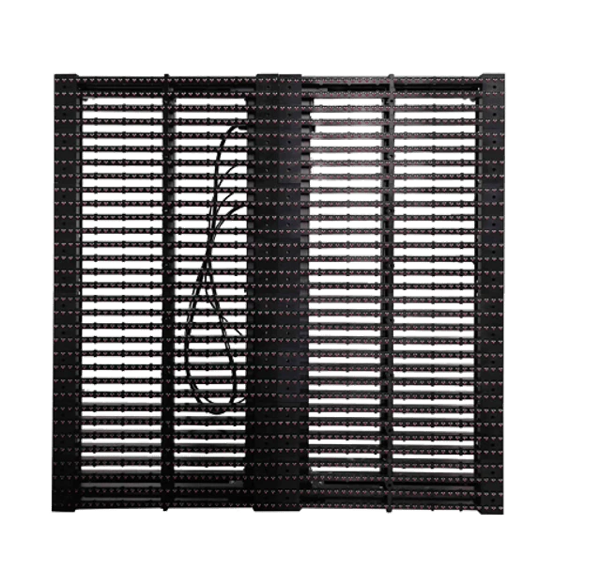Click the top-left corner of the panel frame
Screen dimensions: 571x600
[54, 72]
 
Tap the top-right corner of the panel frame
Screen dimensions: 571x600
[504, 71]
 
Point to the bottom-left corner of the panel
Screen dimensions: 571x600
[52, 516]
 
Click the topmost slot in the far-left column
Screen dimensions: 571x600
[122, 100]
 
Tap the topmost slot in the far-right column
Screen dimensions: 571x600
[434, 100]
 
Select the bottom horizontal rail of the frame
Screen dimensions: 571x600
[278, 505]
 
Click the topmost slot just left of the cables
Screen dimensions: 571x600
[208, 100]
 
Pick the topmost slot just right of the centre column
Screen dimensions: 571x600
[345, 100]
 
